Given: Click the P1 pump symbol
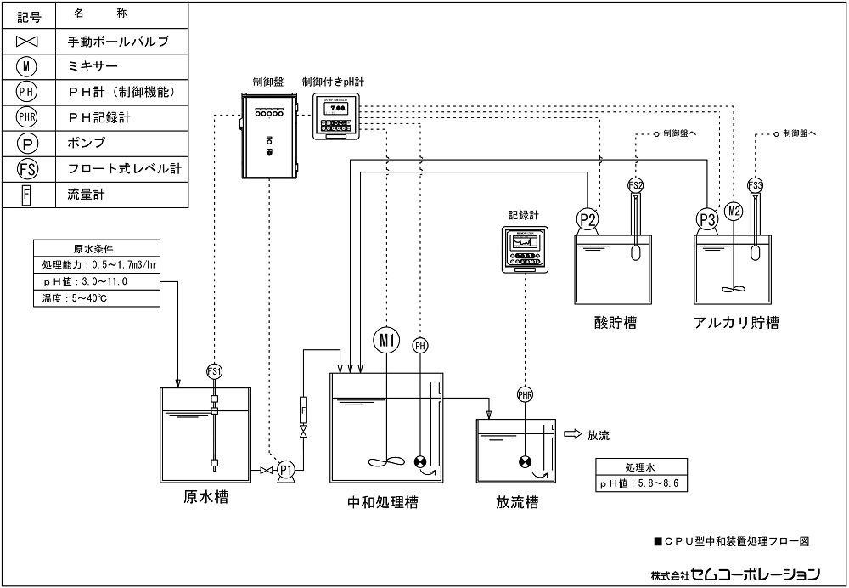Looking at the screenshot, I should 286,469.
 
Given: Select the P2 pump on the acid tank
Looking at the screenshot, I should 588,219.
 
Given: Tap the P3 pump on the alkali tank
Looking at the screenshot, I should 707,219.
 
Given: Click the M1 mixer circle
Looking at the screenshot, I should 386,340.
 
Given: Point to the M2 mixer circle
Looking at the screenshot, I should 734,210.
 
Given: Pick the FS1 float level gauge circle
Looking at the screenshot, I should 214,371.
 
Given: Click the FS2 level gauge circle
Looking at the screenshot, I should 635,184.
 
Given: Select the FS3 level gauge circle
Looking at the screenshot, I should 755,184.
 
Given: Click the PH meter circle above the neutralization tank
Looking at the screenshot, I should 420,345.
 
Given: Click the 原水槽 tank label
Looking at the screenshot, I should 205,497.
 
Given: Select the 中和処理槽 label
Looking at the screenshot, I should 383,502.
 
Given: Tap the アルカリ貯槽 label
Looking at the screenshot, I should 736,322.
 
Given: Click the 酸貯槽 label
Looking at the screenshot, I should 616,322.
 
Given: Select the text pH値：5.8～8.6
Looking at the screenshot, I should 640,484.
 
